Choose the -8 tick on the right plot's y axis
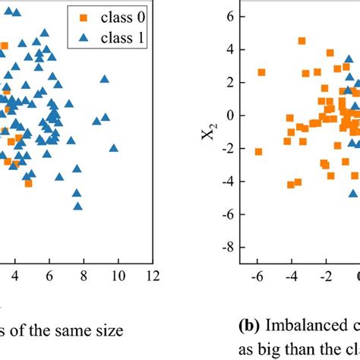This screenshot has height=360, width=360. pyautogui.click(x=226, y=248)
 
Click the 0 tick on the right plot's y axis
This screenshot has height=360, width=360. pyautogui.click(x=229, y=115)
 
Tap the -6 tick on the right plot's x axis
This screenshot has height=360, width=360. pyautogui.click(x=257, y=275)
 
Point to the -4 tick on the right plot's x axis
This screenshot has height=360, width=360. pyautogui.click(x=291, y=275)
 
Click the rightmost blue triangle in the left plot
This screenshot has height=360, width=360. pyautogui.click(x=114, y=148)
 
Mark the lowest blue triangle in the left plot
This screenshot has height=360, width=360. pyautogui.click(x=77, y=205)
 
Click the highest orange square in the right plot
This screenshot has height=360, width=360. pyautogui.click(x=302, y=41)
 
